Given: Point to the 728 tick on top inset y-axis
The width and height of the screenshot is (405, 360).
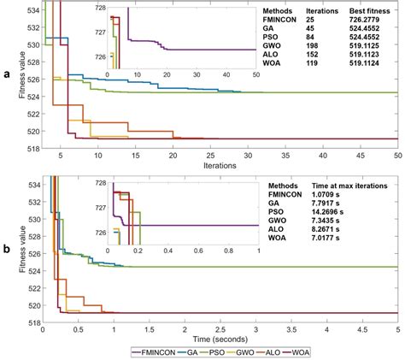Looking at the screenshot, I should click(x=98, y=8).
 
